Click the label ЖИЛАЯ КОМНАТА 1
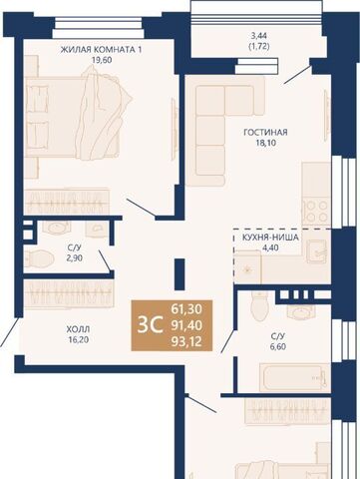(101, 50)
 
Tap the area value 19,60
(102, 60)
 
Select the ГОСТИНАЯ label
(265, 133)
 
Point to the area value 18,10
(266, 143)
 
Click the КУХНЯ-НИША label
(270, 238)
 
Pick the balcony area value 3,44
(259, 35)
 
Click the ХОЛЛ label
(78, 329)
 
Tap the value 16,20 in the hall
(79, 340)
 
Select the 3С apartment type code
(151, 325)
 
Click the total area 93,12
(186, 341)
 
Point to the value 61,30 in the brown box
(186, 309)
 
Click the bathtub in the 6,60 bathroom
(294, 378)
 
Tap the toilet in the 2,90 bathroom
(39, 258)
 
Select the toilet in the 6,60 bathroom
(259, 305)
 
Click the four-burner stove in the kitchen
(316, 212)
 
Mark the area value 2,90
(74, 258)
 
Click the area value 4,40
(270, 247)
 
